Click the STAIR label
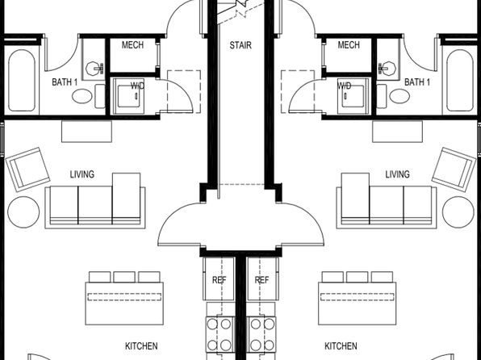pyautogui.click(x=240, y=45)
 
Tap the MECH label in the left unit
pyautogui.click(x=132, y=45)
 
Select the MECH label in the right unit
pyautogui.click(x=349, y=45)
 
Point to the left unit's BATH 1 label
pyautogui.click(x=65, y=82)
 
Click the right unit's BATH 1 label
pyautogui.click(x=417, y=82)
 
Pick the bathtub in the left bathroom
pyautogui.click(x=22, y=81)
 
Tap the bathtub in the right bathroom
pyautogui.click(x=460, y=81)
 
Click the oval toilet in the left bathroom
pyautogui.click(x=82, y=96)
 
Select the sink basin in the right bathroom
pyautogui.click(x=387, y=68)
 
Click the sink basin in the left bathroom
pyautogui.click(x=94, y=68)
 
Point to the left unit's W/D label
pyautogui.click(x=137, y=86)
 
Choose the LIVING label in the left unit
pyautogui.click(x=82, y=174)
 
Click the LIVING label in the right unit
pyautogui.click(x=397, y=174)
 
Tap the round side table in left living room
pyautogui.click(x=23, y=212)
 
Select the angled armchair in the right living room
pyautogui.click(x=454, y=170)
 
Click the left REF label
pyautogui.click(x=220, y=280)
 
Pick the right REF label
pyautogui.click(x=261, y=280)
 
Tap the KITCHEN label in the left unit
pyautogui.click(x=141, y=346)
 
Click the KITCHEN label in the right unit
pyautogui.click(x=341, y=346)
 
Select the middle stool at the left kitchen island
pyautogui.click(x=124, y=277)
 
